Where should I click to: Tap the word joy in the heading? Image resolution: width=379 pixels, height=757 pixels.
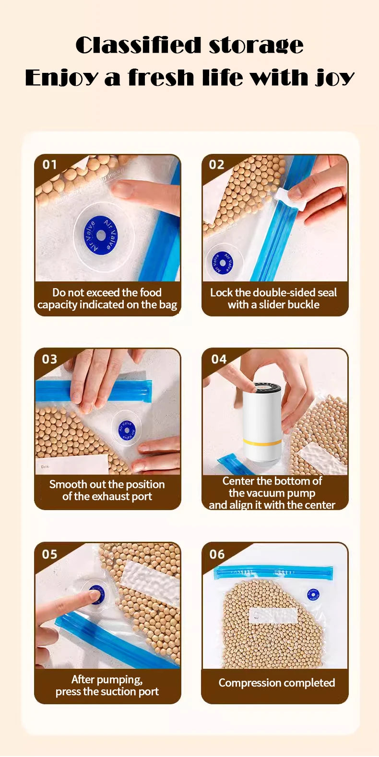[x=334, y=78]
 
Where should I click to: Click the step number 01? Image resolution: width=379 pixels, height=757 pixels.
[x=49, y=165]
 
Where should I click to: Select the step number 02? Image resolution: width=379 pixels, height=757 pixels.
[x=216, y=165]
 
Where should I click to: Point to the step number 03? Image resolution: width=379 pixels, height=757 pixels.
[x=49, y=359]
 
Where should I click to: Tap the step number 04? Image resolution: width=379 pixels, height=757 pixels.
[x=219, y=359]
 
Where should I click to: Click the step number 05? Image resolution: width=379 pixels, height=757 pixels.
[x=49, y=554]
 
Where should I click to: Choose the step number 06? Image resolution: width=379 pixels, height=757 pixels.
[x=217, y=554]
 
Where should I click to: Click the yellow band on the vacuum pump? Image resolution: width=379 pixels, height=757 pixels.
[x=262, y=442]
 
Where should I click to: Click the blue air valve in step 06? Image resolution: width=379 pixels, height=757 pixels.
[x=313, y=595]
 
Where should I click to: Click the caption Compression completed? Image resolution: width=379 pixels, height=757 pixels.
[x=276, y=683]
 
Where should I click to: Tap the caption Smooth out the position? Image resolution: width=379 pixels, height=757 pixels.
[x=107, y=484]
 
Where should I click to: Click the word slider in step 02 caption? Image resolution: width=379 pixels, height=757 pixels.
[x=272, y=304]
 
